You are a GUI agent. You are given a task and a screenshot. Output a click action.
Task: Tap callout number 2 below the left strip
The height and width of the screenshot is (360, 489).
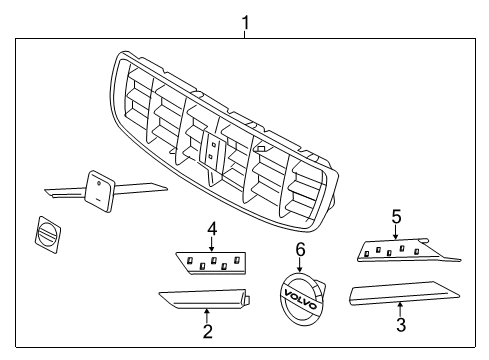207,331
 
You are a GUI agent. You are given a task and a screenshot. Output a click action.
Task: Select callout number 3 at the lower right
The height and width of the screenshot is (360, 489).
400,325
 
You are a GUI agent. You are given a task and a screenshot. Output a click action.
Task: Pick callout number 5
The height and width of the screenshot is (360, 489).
395,215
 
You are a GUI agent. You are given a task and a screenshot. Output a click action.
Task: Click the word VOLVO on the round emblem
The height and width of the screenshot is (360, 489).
301,297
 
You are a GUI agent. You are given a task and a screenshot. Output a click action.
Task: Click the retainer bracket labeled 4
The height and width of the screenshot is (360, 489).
212,263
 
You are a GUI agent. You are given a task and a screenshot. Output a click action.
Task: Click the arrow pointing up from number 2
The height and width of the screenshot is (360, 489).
207,314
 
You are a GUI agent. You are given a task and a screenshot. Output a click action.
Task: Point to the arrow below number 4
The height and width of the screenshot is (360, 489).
212,245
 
